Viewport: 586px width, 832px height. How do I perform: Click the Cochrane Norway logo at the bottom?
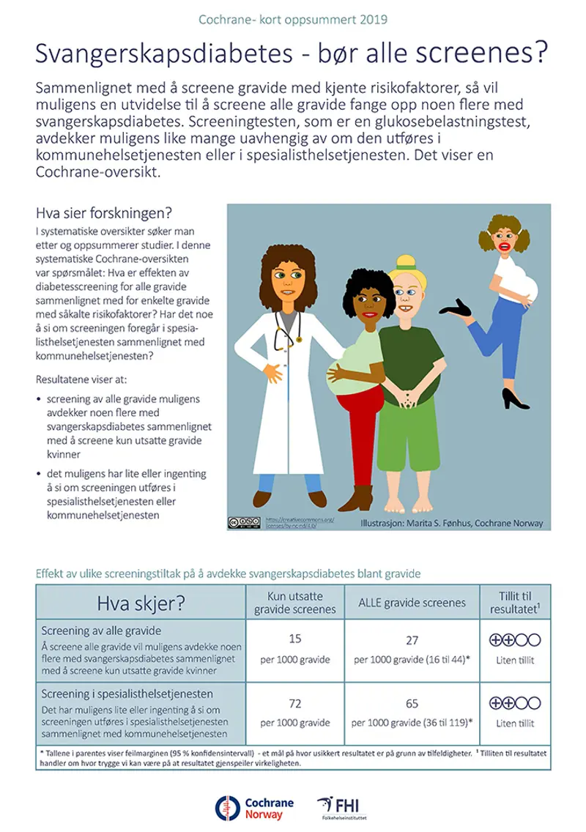click(x=254, y=807)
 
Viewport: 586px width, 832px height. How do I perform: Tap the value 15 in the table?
click(x=295, y=639)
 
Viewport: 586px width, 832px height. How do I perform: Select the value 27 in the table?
click(x=412, y=640)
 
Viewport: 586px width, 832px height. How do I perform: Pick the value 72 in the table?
click(x=295, y=704)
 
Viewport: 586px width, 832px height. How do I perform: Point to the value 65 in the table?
click(x=412, y=704)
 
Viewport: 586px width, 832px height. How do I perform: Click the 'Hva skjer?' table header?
click(x=141, y=603)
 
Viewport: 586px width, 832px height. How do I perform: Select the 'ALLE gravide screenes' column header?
click(x=412, y=603)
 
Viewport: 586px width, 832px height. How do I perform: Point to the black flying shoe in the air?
click(x=467, y=308)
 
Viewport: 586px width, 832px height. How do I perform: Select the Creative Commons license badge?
click(x=243, y=523)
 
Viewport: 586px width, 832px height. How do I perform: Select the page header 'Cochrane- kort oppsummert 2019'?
click(x=293, y=18)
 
